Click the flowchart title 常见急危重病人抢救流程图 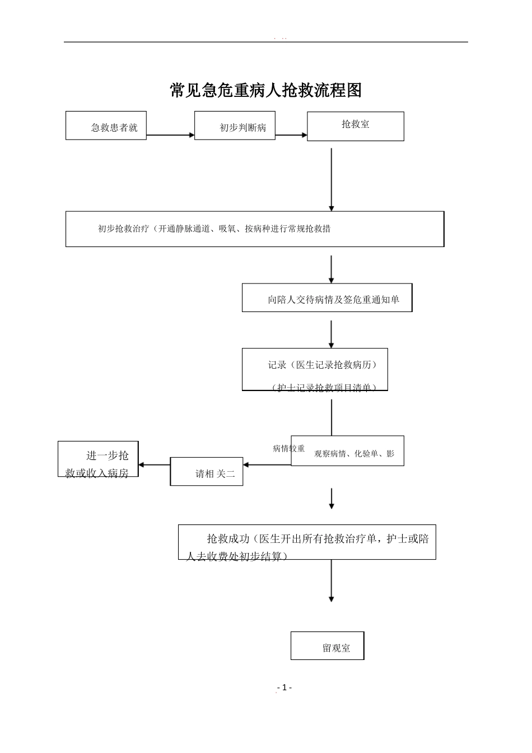pos(266,90)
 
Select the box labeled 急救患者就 pos(106,125)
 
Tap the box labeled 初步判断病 pos(235,125)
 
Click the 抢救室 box pos(355,126)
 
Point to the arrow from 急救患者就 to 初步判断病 pos(170,135)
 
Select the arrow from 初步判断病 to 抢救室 pos(291,135)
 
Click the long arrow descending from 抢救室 pos(332,179)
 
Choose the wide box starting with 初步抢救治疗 pos(255,229)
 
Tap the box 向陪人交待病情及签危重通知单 pos(327,298)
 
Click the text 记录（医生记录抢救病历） pos(323,365)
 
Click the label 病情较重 pos(288,448)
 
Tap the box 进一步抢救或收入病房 pos(98,459)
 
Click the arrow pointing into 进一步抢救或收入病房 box pos(154,464)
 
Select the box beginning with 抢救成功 pos(307,542)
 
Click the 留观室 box pos(327,645)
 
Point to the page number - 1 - pos(284,687)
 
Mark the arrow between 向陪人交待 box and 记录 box pos(332,334)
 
